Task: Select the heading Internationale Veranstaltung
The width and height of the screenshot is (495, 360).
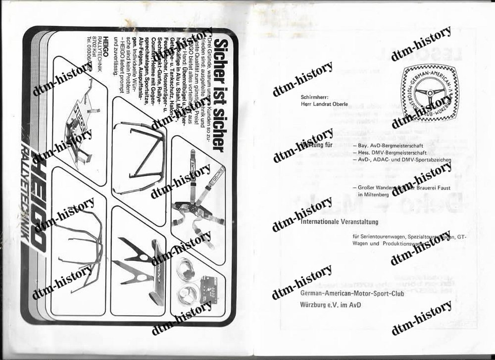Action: (339, 222)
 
